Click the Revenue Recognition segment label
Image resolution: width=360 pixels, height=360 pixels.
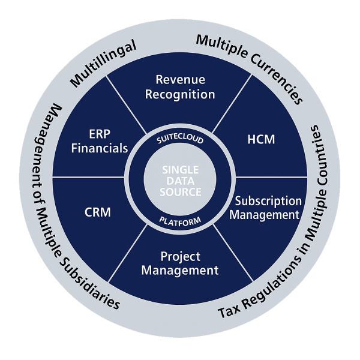180,87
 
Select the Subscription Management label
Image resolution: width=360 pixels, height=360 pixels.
267,207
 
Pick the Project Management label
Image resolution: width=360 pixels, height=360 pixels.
180,263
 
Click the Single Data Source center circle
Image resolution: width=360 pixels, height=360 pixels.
180,181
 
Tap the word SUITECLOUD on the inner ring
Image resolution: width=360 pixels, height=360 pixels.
180,140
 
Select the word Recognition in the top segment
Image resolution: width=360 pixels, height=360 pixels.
180,94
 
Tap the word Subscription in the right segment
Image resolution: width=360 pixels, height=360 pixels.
268,200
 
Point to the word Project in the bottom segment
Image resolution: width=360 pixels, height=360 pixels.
180,256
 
